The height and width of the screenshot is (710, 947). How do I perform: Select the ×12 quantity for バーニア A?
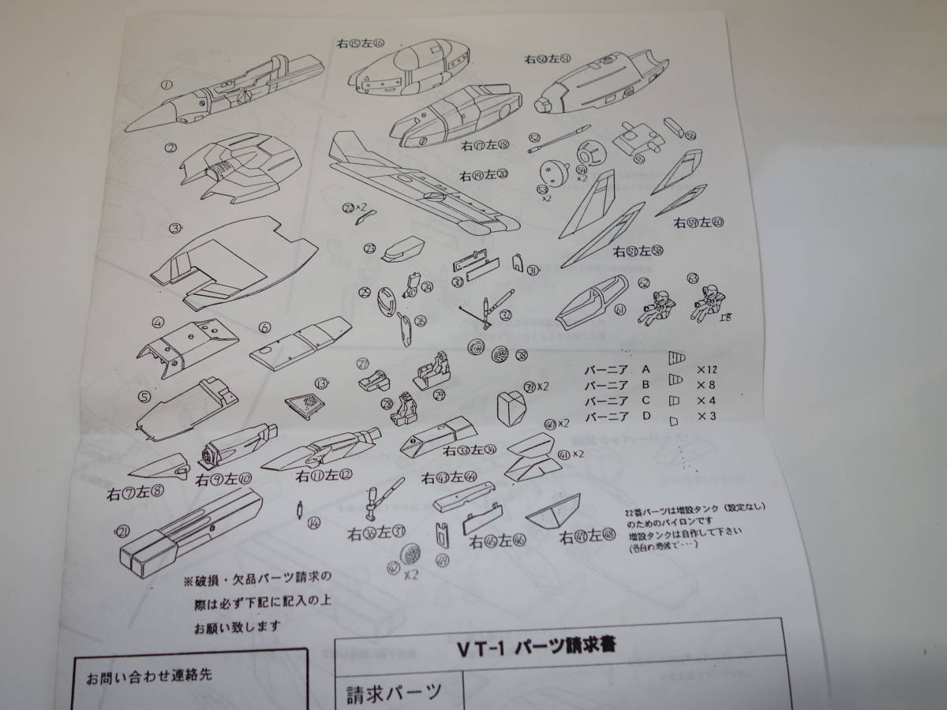(x=707, y=368)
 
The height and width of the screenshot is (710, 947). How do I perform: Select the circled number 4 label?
(x=159, y=322)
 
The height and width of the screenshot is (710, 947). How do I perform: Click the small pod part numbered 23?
(x=402, y=251)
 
